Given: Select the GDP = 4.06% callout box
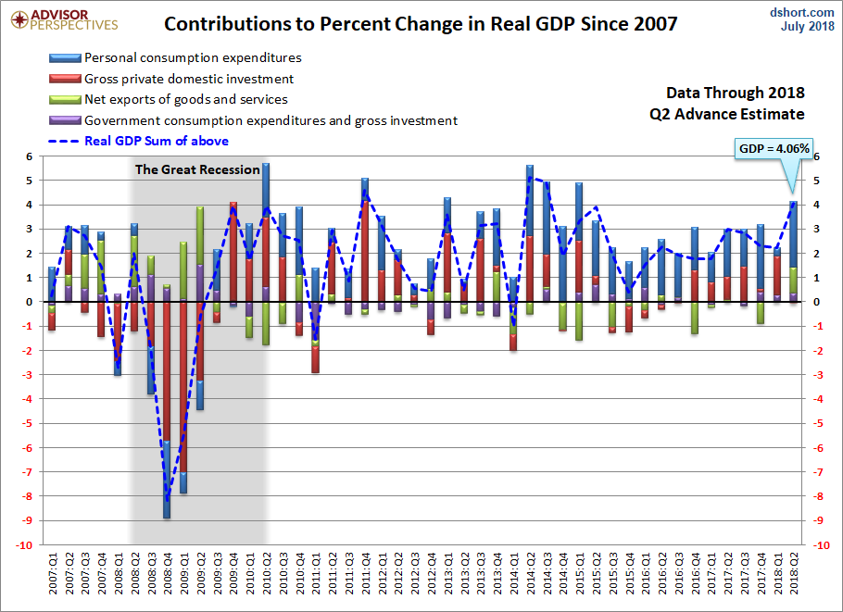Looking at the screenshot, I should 774,148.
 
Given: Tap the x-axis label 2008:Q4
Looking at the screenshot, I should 167,574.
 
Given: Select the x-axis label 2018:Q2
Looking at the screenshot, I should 793,574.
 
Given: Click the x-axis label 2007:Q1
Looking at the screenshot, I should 53,574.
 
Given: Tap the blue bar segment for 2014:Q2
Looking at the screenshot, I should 529,199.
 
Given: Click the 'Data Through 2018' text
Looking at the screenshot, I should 735,93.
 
